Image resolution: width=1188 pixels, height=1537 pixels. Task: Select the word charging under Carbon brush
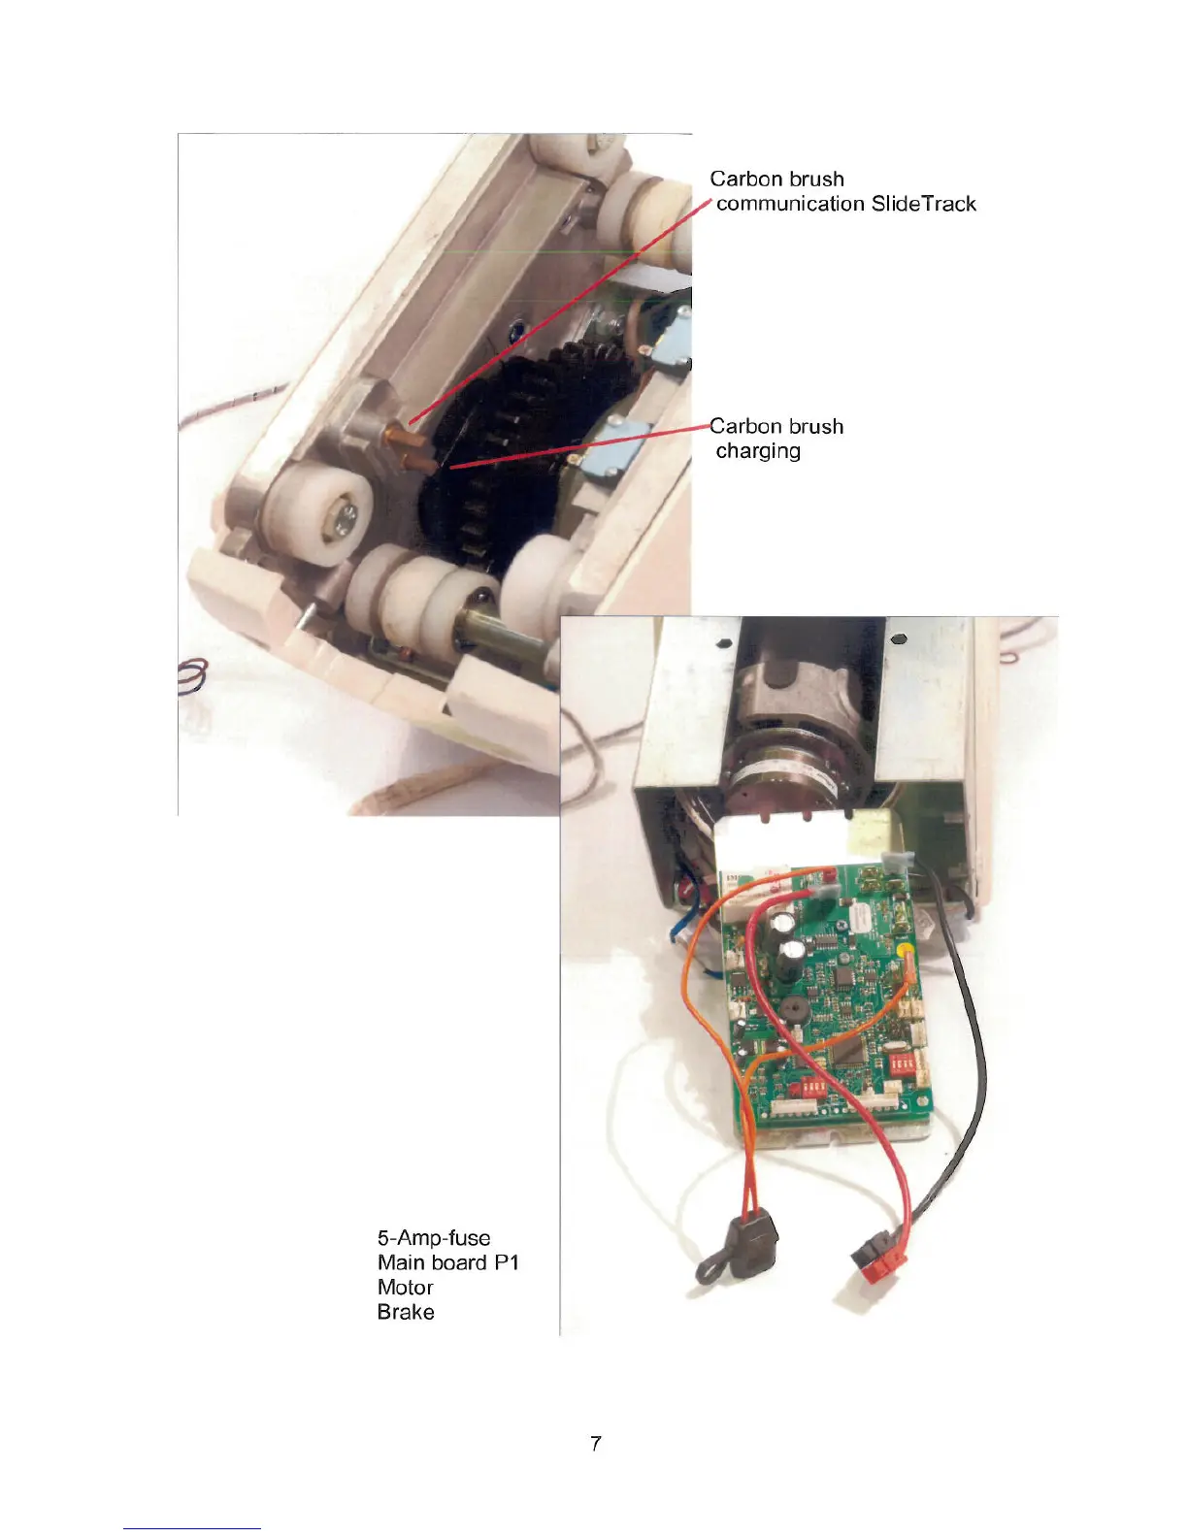click(x=758, y=451)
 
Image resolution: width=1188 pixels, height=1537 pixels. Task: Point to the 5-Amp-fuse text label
click(x=434, y=1238)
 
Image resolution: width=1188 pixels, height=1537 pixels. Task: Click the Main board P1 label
click(x=448, y=1262)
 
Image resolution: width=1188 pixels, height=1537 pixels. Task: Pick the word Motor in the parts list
click(x=405, y=1288)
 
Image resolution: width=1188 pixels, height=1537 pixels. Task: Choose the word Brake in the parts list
click(x=406, y=1312)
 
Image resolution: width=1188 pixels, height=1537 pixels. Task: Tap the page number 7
click(x=595, y=1443)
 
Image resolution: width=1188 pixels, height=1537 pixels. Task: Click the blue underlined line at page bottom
click(x=192, y=1528)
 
